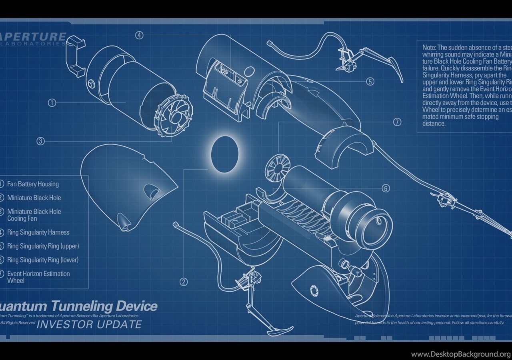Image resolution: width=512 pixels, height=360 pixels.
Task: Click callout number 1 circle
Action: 52,103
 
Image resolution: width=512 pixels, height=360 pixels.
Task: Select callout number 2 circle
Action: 184,282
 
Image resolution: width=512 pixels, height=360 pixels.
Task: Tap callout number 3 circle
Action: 40,141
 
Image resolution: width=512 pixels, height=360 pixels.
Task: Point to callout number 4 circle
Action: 139,35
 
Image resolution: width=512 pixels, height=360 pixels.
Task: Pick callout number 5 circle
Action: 370,82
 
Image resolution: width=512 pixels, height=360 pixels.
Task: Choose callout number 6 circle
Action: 386,188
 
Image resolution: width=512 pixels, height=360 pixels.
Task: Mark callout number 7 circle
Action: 397,122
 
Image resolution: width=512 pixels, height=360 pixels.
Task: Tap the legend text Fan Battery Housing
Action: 33,184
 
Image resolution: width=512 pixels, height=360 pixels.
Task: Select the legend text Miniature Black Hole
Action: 34,198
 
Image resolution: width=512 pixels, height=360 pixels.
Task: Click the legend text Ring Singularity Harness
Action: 38,232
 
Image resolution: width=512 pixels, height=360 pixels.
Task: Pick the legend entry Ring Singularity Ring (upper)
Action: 43,246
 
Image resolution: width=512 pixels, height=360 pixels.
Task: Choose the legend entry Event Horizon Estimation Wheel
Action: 38,277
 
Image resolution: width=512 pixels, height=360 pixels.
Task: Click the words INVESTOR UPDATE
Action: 89,324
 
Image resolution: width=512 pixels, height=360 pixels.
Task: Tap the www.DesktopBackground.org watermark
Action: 460,354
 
